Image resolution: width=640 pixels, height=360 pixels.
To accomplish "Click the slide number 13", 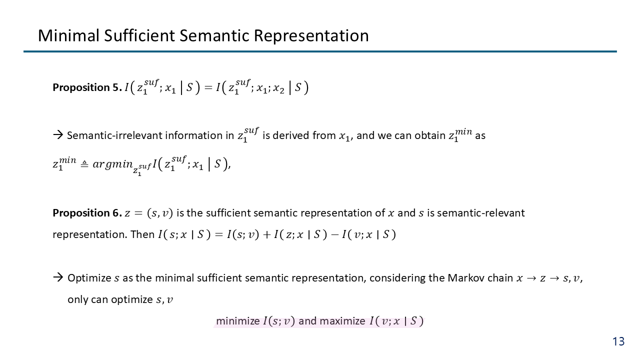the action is [x=618, y=341].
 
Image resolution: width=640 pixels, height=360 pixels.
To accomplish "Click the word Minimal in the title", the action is [x=68, y=35].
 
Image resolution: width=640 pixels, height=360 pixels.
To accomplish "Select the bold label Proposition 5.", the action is [x=87, y=87].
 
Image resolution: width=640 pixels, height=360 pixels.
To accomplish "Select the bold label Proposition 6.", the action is [x=87, y=213].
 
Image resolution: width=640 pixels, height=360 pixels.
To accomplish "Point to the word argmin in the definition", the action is [x=112, y=164].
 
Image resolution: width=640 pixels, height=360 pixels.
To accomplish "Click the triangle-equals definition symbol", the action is [x=84, y=164].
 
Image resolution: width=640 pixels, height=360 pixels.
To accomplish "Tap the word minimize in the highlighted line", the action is [x=237, y=321].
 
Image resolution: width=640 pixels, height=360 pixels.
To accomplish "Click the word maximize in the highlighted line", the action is [x=342, y=321].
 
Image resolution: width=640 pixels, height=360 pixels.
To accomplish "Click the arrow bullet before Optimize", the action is [x=58, y=277].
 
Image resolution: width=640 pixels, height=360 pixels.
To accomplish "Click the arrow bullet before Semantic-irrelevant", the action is [x=58, y=135].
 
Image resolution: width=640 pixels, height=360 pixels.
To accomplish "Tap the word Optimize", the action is [x=89, y=278].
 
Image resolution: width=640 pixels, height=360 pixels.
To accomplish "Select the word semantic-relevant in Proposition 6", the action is [x=481, y=213].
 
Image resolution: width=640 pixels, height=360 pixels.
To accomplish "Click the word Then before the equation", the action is [x=142, y=234].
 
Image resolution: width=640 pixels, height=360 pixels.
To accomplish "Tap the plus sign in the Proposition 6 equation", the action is [x=266, y=235].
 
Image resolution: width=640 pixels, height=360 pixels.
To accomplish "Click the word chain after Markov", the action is [x=500, y=278].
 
